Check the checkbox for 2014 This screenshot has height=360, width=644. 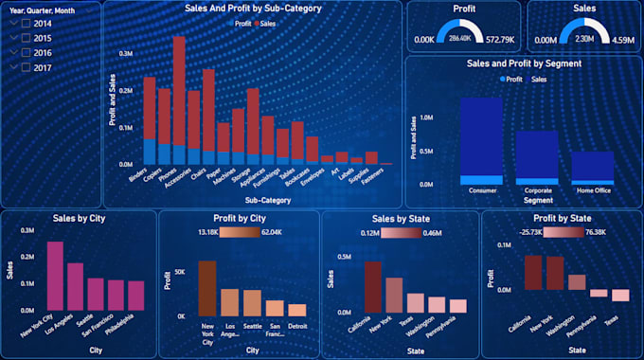click(x=13, y=23)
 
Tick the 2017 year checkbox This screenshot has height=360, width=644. click(x=13, y=67)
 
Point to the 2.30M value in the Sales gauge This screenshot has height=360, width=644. click(x=584, y=39)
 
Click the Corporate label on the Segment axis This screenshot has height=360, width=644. click(x=537, y=190)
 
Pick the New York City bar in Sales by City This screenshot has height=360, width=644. click(x=55, y=276)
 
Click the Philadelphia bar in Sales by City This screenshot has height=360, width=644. click(x=135, y=295)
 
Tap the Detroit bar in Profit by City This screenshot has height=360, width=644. click(x=297, y=310)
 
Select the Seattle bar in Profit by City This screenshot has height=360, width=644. click(x=252, y=302)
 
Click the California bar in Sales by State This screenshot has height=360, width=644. click(x=372, y=287)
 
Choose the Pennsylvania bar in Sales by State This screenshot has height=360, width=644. click(x=457, y=305)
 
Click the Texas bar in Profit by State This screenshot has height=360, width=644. click(x=620, y=295)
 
